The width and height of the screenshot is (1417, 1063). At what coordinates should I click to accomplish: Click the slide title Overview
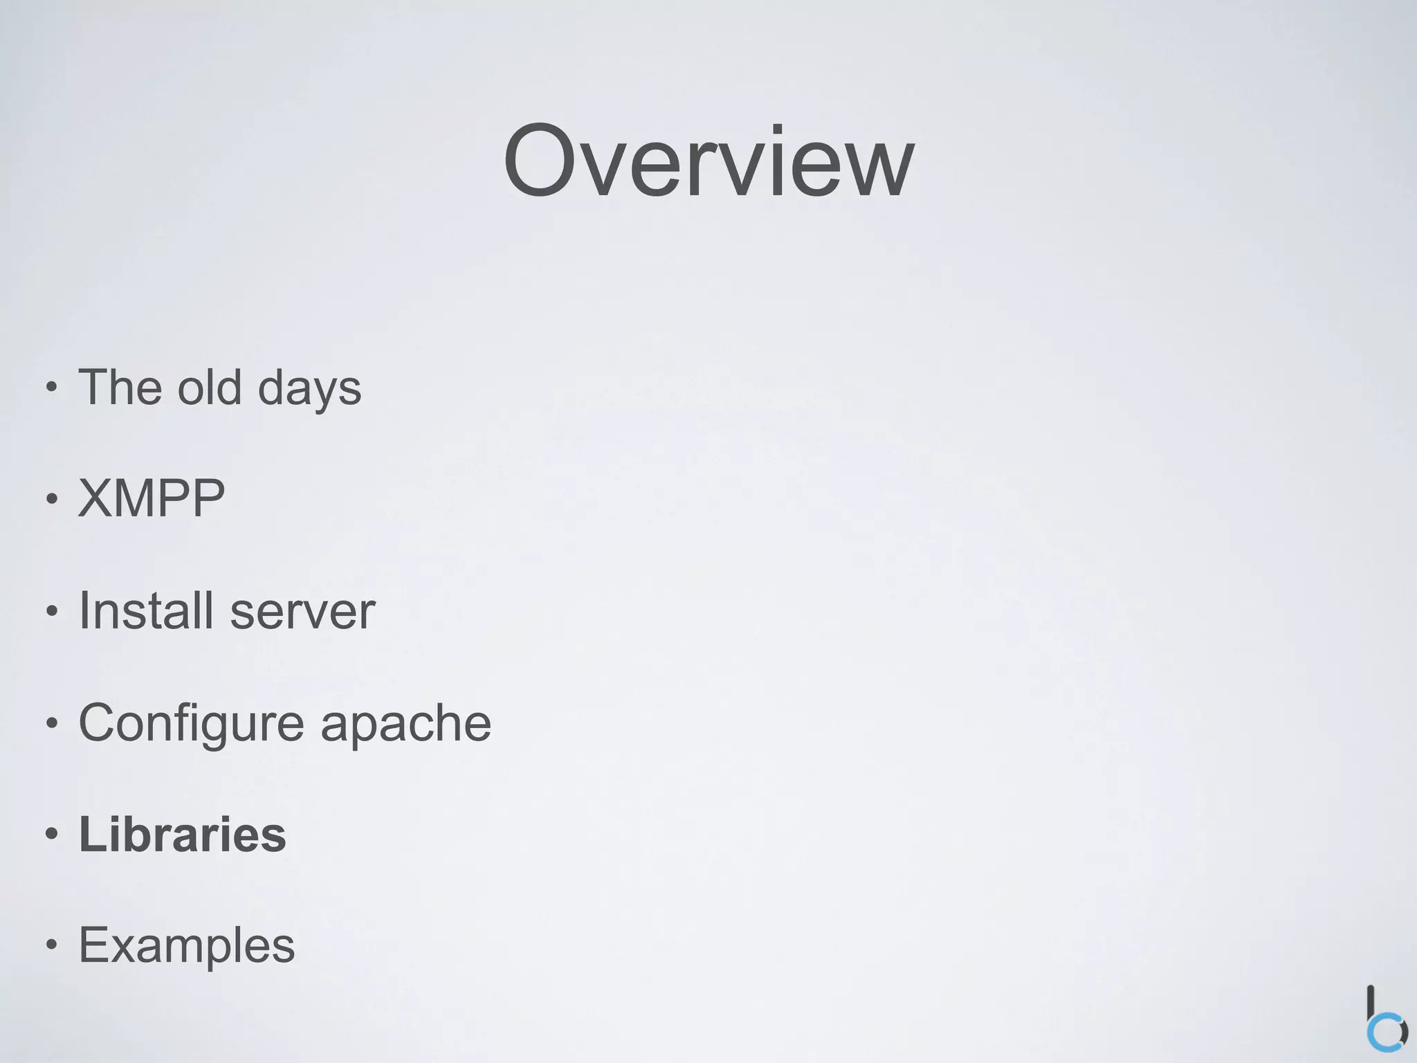(x=708, y=162)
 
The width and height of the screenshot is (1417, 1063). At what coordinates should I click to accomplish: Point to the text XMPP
(x=152, y=498)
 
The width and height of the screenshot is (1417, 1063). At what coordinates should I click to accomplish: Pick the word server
(x=302, y=613)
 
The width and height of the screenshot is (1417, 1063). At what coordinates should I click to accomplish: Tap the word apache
(x=405, y=724)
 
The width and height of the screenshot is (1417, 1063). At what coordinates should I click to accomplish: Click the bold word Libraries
(x=183, y=834)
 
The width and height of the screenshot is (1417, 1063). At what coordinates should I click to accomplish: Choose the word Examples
(x=187, y=945)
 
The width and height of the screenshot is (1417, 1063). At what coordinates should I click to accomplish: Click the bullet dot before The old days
(x=51, y=388)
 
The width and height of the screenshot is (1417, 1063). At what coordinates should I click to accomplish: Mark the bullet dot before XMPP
(x=51, y=499)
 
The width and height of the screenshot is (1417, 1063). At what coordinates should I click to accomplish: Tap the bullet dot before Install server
(x=51, y=611)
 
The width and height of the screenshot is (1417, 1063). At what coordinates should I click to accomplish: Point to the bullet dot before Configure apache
(x=51, y=723)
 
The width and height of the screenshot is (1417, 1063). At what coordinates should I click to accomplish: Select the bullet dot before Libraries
(x=51, y=835)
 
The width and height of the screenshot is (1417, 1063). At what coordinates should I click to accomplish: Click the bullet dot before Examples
(x=51, y=946)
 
